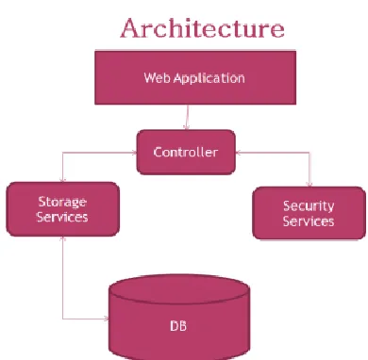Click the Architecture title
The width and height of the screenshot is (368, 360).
click(202, 28)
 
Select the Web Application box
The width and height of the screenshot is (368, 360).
click(195, 77)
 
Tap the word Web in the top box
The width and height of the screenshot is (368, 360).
click(158, 77)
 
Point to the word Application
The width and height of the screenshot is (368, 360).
click(209, 78)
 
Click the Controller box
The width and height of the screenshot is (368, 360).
click(186, 152)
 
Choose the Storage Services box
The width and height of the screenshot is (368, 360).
click(63, 209)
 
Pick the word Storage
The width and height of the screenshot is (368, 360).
click(62, 202)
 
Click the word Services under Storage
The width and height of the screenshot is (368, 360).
click(62, 217)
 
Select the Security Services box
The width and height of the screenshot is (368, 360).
click(309, 213)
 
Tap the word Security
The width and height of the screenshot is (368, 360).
click(309, 206)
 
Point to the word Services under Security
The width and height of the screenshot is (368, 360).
click(309, 221)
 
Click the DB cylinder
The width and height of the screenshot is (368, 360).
click(179, 318)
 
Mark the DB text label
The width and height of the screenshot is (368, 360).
click(178, 326)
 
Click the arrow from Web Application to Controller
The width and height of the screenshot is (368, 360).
click(188, 117)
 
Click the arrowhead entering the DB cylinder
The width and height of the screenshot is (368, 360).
click(107, 319)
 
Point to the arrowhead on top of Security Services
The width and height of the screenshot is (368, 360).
click(309, 185)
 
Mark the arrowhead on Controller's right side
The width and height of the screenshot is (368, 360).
click(238, 153)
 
